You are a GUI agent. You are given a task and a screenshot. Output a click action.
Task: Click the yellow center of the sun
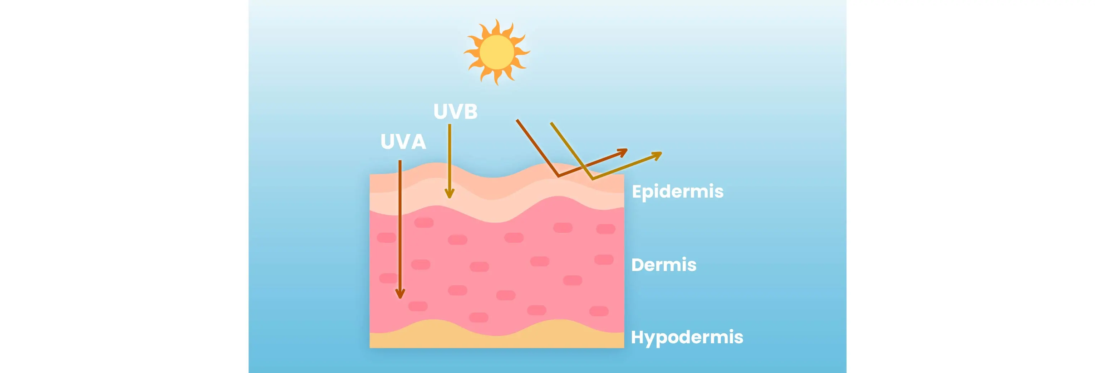point(496,52)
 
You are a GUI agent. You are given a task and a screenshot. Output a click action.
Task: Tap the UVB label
point(455,111)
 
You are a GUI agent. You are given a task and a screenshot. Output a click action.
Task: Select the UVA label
point(403,142)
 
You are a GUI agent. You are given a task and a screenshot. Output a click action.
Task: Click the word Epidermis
point(678,192)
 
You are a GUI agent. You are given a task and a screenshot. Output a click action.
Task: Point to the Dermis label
point(664,265)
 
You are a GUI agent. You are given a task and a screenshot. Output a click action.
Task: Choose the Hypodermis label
point(687,337)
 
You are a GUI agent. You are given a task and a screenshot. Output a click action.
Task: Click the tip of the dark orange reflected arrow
point(627,149)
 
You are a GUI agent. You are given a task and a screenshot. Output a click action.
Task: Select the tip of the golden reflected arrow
point(662,153)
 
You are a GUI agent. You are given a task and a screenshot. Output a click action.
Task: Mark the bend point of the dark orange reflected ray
point(558,176)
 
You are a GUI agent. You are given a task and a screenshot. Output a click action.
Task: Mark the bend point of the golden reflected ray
point(592,179)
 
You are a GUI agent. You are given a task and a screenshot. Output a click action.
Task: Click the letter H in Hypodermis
point(638,336)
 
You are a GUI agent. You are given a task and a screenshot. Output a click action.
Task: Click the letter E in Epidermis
point(637,192)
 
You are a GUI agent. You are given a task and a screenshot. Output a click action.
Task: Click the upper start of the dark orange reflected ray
point(517,120)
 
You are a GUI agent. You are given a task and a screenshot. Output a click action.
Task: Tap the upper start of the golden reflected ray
point(551,123)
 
